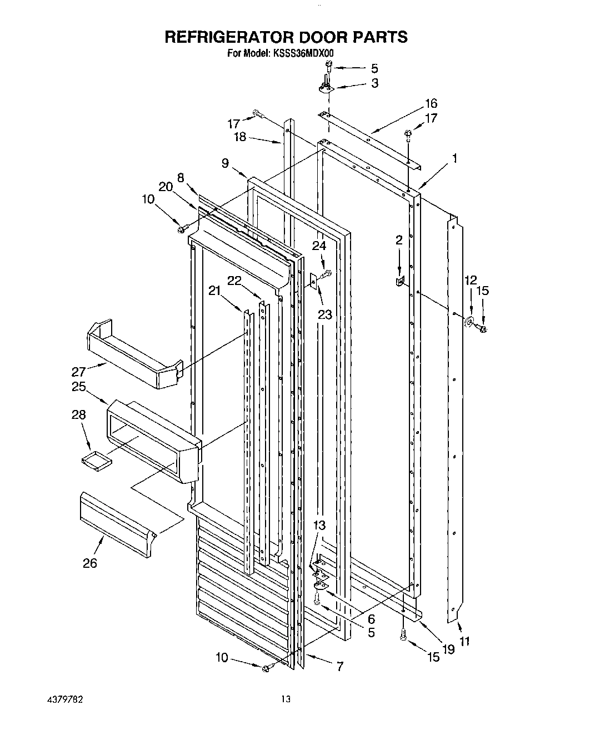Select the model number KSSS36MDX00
pyautogui.click(x=302, y=53)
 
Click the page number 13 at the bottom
pyautogui.click(x=286, y=699)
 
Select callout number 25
pyautogui.click(x=79, y=387)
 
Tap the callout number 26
pyautogui.click(x=90, y=563)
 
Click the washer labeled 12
pyautogui.click(x=469, y=321)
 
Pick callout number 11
pyautogui.click(x=464, y=642)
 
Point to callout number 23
pyautogui.click(x=324, y=315)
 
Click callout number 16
pyautogui.click(x=431, y=103)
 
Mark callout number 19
pyautogui.click(x=448, y=649)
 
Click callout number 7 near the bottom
pyautogui.click(x=339, y=665)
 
